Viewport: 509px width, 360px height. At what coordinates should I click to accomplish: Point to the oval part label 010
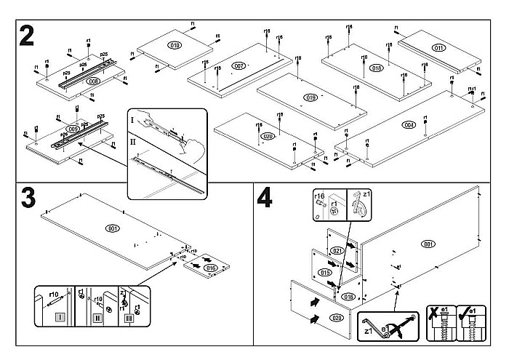(x=175, y=45)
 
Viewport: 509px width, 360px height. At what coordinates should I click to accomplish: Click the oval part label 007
(x=239, y=66)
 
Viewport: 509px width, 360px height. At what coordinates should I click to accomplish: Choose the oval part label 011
(x=438, y=48)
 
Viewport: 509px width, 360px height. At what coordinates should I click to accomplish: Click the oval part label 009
(x=73, y=129)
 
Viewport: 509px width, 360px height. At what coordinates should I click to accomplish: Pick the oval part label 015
(x=325, y=272)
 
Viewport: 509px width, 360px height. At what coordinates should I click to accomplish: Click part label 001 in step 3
(x=112, y=229)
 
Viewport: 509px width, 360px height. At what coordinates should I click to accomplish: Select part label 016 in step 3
(x=211, y=268)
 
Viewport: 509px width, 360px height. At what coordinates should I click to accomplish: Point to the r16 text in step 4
(x=318, y=196)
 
